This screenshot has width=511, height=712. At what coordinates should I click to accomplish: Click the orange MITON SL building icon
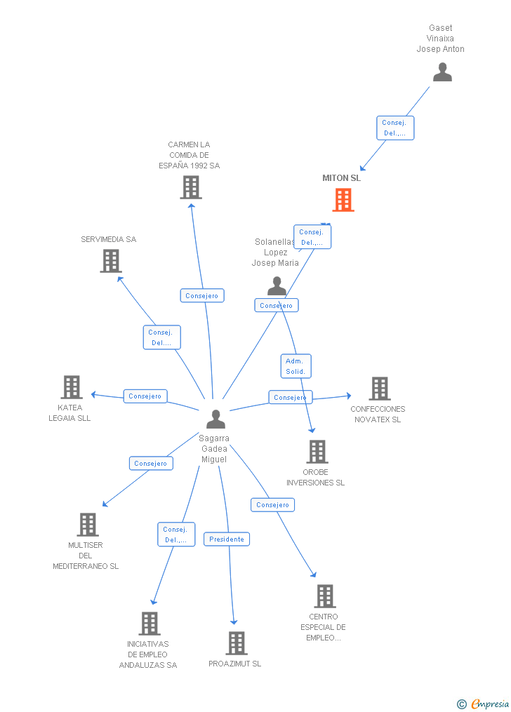(x=343, y=200)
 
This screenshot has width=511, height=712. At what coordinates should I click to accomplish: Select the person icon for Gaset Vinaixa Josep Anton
(x=442, y=72)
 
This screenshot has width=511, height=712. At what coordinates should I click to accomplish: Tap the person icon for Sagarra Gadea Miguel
(x=215, y=419)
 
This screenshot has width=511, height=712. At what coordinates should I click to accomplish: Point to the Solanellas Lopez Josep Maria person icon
(x=277, y=286)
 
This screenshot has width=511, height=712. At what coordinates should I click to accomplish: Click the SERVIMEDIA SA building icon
(x=110, y=261)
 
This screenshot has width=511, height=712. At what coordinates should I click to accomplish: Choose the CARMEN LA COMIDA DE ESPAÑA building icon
(x=190, y=187)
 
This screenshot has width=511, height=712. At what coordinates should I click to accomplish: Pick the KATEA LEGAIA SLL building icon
(x=71, y=387)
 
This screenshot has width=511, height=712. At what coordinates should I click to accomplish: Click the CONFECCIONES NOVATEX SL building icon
(x=379, y=388)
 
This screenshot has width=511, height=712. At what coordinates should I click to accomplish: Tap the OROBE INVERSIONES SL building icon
(x=317, y=452)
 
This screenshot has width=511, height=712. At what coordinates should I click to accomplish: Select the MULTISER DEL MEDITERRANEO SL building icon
(x=87, y=524)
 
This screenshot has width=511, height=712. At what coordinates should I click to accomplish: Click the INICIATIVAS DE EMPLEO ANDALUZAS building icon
(x=149, y=623)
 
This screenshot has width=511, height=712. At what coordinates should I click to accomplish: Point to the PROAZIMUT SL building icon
(x=237, y=643)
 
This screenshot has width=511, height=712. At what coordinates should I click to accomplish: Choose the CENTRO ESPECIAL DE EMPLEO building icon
(x=324, y=596)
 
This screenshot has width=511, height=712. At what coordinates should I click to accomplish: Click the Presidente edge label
(x=227, y=539)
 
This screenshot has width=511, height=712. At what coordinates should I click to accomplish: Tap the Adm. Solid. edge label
(x=295, y=365)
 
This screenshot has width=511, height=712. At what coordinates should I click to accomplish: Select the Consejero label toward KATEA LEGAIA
(x=145, y=396)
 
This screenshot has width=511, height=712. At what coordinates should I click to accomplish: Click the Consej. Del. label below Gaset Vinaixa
(x=394, y=128)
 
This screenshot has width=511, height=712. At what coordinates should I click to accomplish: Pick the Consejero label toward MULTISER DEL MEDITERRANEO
(x=151, y=463)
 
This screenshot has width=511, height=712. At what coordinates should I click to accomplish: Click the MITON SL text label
(x=341, y=178)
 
